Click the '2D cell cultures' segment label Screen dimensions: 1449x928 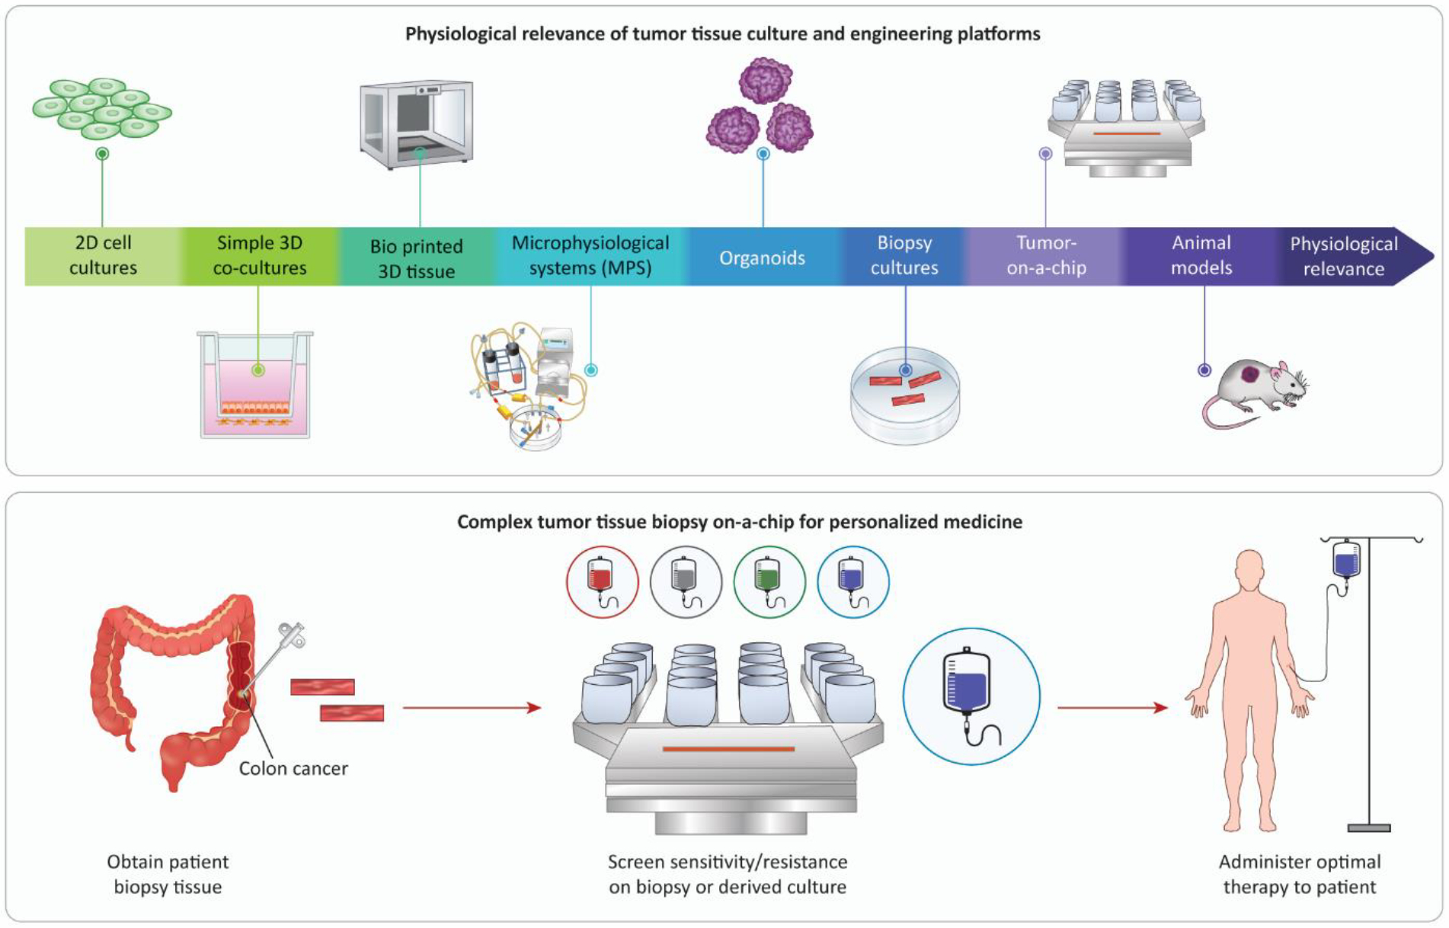[x=103, y=255]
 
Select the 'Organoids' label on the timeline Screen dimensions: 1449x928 [x=762, y=258]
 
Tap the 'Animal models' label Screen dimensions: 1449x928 [x=1201, y=255]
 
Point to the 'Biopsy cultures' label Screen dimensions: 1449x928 [x=904, y=255]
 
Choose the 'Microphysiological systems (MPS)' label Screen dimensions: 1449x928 [x=590, y=255]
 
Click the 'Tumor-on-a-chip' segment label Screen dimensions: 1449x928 [x=1046, y=255]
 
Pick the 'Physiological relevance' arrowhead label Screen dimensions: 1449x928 [x=1344, y=256]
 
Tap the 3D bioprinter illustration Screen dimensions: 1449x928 [x=417, y=124]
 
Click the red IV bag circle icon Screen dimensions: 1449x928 [x=602, y=582]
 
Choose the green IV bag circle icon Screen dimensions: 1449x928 [x=769, y=582]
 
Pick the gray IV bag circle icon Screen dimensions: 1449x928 [x=686, y=582]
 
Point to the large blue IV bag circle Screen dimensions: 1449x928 [x=971, y=696]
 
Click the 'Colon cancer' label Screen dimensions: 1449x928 [x=293, y=768]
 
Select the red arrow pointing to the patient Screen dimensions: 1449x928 [x=1112, y=708]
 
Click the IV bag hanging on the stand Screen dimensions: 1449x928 [x=1347, y=558]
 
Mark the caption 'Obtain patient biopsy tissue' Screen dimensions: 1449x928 [x=168, y=874]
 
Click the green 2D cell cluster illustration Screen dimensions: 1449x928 [x=102, y=108]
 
